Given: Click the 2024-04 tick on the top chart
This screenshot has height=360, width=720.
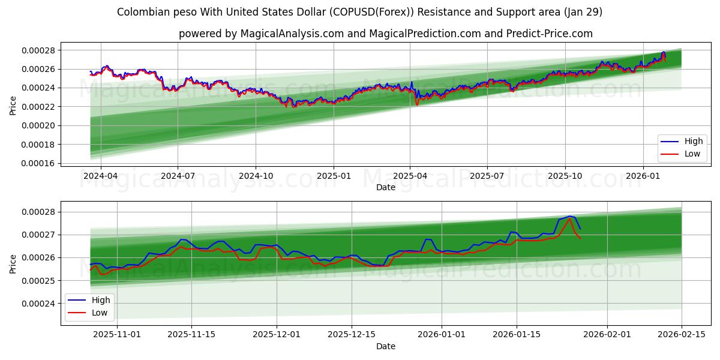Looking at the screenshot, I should pyautogui.click(x=100, y=176).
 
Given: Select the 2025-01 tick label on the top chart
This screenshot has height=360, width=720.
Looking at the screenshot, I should pyautogui.click(x=334, y=176).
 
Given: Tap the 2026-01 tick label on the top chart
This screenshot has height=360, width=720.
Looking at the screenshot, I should pyautogui.click(x=643, y=176).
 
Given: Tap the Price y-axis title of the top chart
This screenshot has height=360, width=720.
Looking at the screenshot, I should pyautogui.click(x=13, y=106).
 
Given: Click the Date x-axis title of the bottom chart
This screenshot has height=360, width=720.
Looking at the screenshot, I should pyautogui.click(x=385, y=346).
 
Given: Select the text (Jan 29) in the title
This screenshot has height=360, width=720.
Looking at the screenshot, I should pyautogui.click(x=581, y=12).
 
